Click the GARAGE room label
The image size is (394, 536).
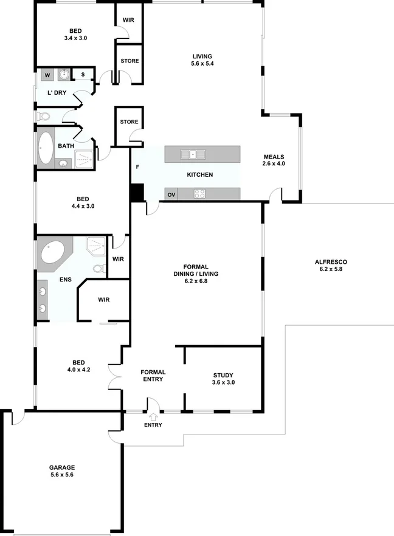click(61, 468)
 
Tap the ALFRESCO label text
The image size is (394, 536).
click(331, 262)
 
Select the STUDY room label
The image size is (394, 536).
click(223, 375)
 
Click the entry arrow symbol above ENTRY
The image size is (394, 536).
click(153, 417)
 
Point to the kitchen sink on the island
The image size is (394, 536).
click(193, 154)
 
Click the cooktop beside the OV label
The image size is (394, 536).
click(200, 194)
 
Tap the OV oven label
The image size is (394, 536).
click(171, 194)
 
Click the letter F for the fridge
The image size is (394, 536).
click(137, 166)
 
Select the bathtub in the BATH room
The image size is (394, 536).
click(46, 148)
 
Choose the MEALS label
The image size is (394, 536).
click(274, 156)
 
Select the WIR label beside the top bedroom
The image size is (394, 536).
click(128, 20)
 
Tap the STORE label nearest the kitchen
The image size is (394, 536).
click(129, 122)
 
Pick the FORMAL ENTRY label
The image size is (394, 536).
click(153, 376)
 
